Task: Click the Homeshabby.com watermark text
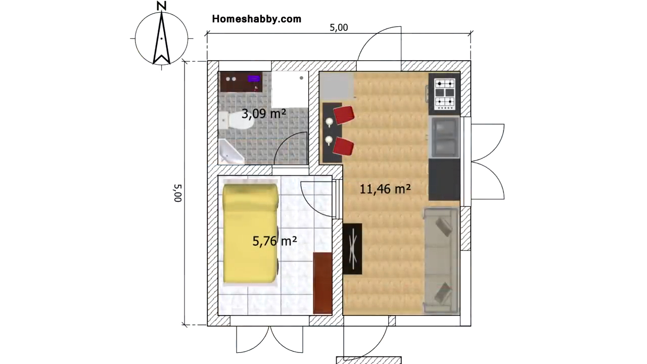click(x=256, y=19)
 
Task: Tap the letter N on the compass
click(x=161, y=6)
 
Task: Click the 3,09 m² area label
click(x=264, y=114)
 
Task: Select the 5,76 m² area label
click(x=274, y=241)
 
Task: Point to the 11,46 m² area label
click(x=385, y=189)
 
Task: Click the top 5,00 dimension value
click(x=339, y=28)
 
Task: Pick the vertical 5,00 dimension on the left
click(x=177, y=193)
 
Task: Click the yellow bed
click(x=250, y=233)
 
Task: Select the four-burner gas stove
click(x=444, y=94)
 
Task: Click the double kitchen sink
click(x=445, y=138)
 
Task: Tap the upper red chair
click(x=344, y=115)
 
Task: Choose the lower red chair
click(x=343, y=147)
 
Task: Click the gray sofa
click(x=441, y=260)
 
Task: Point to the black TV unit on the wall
click(x=352, y=249)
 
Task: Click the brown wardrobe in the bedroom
click(x=322, y=283)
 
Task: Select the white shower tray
click(x=290, y=89)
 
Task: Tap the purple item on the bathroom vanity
click(x=254, y=78)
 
